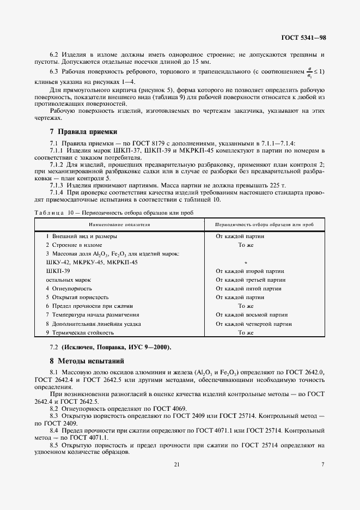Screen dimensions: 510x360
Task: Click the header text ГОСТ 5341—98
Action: pyautogui.click(x=303, y=38)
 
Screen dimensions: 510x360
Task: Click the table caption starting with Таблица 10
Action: pyautogui.click(x=113, y=212)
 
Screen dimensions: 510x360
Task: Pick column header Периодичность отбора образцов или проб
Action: pyautogui.click(x=264, y=224)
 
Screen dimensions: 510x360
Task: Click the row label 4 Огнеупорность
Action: pyautogui.click(x=69, y=288)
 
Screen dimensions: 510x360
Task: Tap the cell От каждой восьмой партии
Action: pyautogui.click(x=251, y=314)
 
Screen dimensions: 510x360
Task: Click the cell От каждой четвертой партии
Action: pyautogui.click(x=254, y=323)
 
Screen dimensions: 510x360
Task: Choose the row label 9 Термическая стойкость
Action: pyautogui.click(x=80, y=332)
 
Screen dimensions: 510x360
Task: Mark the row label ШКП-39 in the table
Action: pyautogui.click(x=58, y=271)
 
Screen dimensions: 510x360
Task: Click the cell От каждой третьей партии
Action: pyautogui.click(x=251, y=280)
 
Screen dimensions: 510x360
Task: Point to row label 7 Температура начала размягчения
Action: pyautogui.click(x=93, y=314)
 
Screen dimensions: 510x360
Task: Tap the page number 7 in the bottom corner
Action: pyautogui.click(x=323, y=464)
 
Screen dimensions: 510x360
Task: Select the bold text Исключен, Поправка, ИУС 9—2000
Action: pyautogui.click(x=115, y=347)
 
